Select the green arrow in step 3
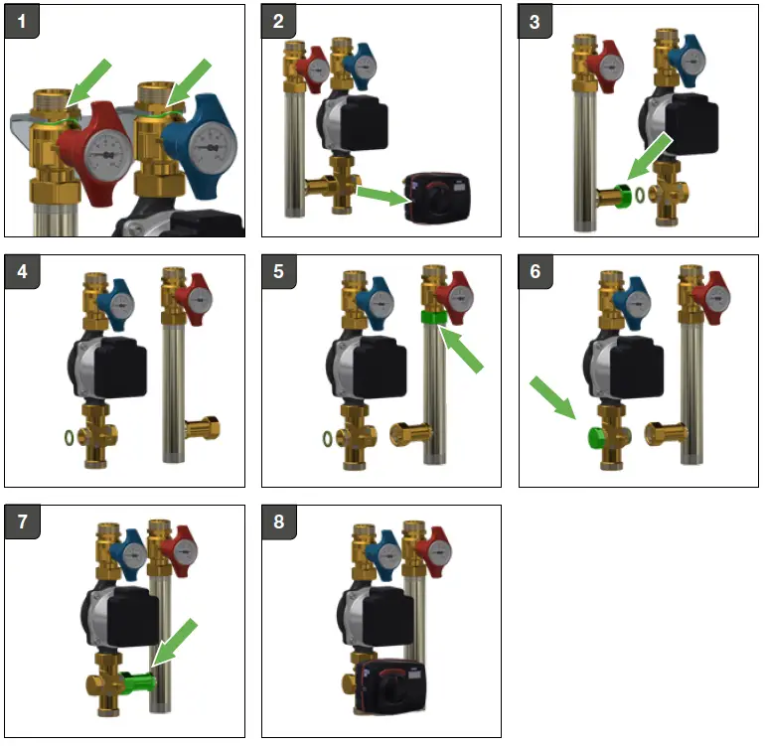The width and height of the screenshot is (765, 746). point(652,159)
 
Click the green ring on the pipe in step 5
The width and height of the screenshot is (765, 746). point(433,318)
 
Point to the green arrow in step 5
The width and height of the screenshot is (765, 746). point(463,350)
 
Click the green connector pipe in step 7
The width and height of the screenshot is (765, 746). point(138,682)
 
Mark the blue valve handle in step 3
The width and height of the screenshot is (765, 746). point(687,60)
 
